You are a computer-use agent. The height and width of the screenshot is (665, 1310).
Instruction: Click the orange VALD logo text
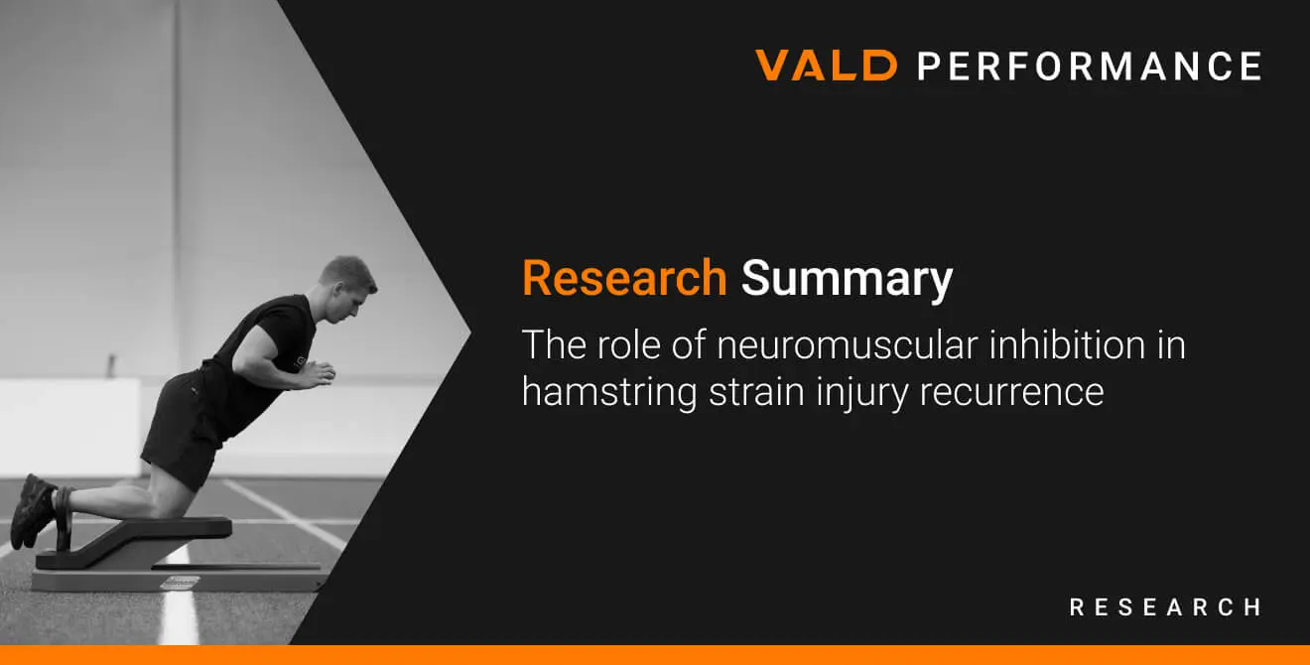coord(827,65)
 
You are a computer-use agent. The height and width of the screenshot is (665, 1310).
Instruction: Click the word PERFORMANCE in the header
coord(1090,66)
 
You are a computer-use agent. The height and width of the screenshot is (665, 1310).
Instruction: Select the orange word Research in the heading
coord(624,278)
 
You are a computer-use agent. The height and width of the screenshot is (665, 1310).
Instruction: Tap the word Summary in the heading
coord(847,281)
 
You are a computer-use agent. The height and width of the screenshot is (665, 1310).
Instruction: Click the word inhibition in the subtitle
coord(1067,344)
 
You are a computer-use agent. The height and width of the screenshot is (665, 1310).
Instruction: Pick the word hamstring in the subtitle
coord(609,392)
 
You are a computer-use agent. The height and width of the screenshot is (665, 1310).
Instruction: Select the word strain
coord(756,391)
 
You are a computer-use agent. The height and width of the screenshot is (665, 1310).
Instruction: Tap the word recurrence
coord(1011,392)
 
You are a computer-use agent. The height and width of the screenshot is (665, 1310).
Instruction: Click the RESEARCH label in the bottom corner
coord(1165,607)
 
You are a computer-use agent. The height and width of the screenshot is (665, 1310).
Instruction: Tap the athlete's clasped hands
coord(318,374)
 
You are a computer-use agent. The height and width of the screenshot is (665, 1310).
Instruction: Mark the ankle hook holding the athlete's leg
coord(64,518)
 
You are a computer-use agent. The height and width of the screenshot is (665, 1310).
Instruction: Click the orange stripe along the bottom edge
coord(655,655)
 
